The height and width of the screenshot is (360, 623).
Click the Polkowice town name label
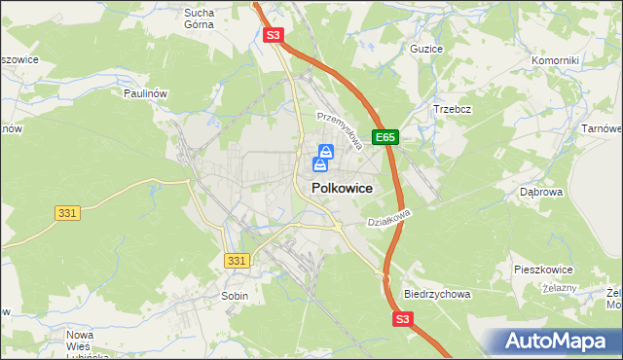[341, 189]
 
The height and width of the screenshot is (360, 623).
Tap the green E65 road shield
[386, 138]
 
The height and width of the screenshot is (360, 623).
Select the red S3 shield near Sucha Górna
[274, 36]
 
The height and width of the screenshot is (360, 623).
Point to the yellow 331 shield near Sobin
[237, 261]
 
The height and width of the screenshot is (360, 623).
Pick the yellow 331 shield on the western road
[67, 212]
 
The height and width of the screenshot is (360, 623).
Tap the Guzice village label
[426, 48]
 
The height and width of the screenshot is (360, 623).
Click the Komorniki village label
[555, 60]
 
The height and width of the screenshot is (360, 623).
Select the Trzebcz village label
[452, 109]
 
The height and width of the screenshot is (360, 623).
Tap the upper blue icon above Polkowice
[326, 152]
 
